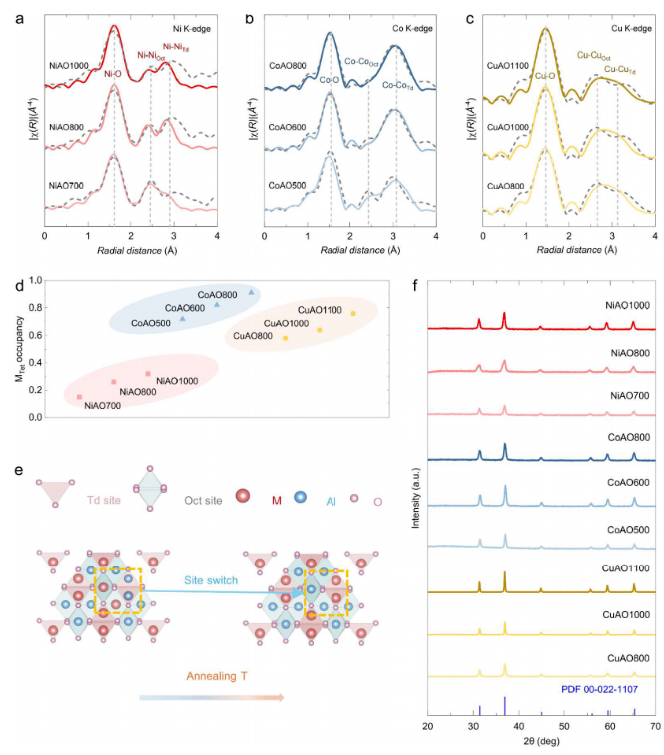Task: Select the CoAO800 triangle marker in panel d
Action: coord(251,292)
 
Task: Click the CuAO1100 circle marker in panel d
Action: coord(353,314)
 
